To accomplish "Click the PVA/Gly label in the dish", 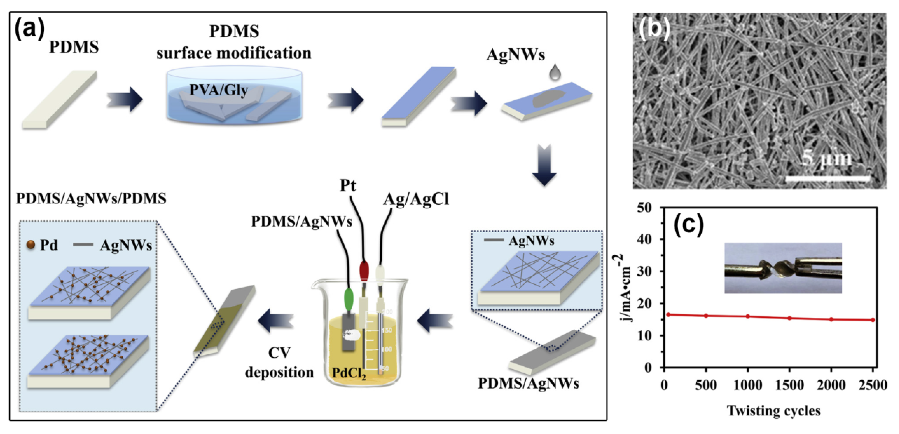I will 218,90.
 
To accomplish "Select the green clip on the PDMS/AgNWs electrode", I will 349,299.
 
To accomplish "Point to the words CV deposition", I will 279,363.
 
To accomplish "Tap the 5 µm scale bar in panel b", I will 828,178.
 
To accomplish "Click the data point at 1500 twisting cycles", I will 790,318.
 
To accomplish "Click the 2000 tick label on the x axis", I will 831,385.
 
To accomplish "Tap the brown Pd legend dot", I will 31,245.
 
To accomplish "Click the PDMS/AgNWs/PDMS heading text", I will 91,199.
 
